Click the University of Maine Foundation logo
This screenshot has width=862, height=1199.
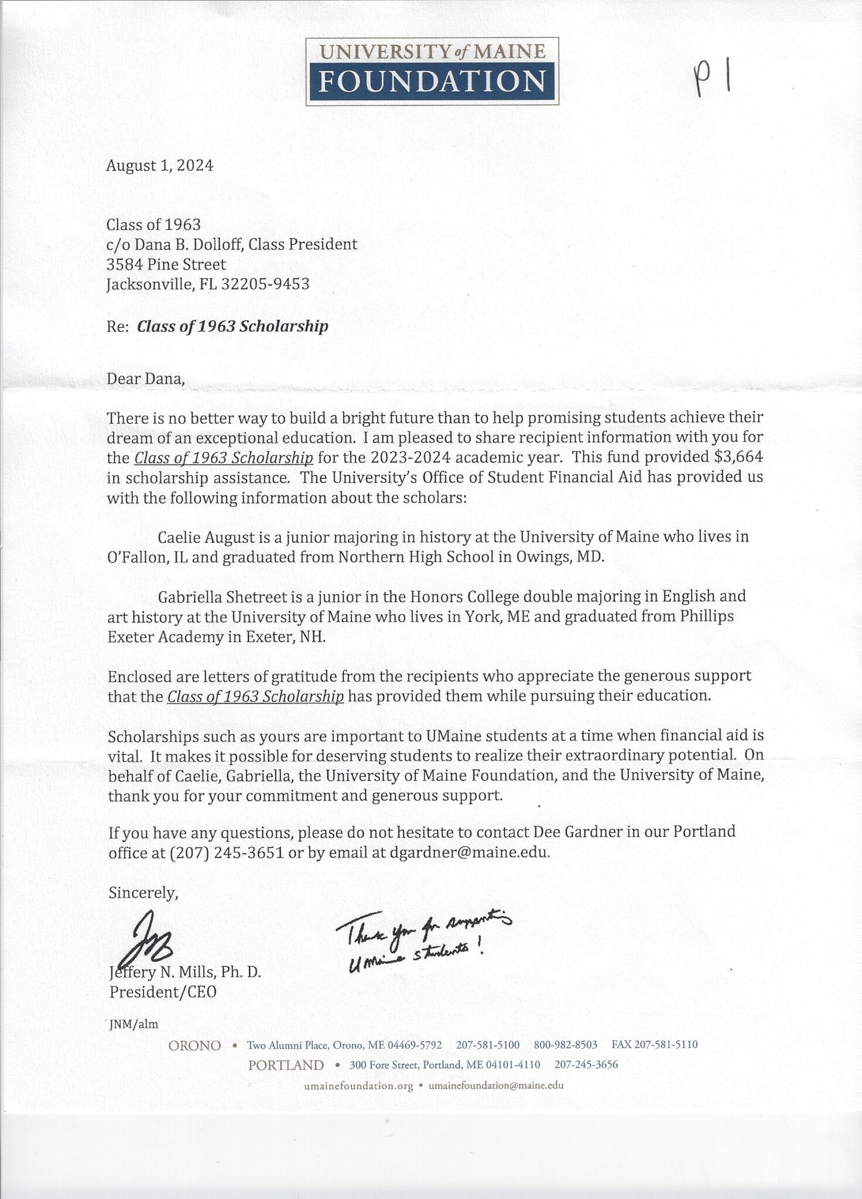pyautogui.click(x=432, y=71)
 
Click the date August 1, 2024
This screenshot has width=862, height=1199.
pyautogui.click(x=159, y=166)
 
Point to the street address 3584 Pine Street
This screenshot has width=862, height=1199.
pyautogui.click(x=166, y=265)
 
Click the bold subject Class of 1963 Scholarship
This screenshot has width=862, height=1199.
pyautogui.click(x=232, y=326)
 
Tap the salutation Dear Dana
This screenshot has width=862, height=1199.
pyautogui.click(x=145, y=379)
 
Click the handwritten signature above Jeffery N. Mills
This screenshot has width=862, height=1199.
pyautogui.click(x=151, y=939)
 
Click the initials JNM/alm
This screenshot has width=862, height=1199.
pyautogui.click(x=134, y=1024)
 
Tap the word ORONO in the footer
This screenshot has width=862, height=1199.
pyautogui.click(x=194, y=1046)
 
